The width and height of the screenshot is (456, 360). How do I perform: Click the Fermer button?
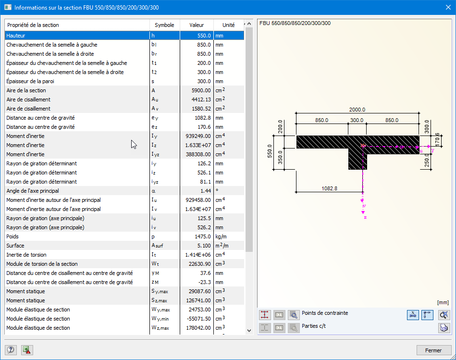tap(434, 350)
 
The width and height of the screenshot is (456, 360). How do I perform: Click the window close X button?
tap(444, 8)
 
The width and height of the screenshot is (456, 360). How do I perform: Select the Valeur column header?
tap(196, 25)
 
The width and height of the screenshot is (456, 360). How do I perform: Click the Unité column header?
tap(228, 25)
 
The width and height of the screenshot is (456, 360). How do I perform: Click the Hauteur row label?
tap(16, 36)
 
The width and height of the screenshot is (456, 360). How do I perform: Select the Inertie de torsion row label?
tap(26, 255)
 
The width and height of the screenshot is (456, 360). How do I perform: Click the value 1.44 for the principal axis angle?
tap(205, 191)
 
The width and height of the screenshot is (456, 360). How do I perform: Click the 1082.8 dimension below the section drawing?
tap(329, 188)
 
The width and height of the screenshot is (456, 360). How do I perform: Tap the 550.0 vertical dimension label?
tap(270, 151)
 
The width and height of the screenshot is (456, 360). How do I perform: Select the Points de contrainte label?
tap(325, 313)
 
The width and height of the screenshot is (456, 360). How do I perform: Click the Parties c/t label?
tap(315, 326)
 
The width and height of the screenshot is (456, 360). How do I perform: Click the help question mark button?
tap(11, 350)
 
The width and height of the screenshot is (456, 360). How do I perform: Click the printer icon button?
tap(444, 328)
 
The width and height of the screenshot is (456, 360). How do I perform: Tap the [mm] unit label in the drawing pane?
tap(443, 302)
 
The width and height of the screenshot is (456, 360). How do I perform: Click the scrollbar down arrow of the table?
tap(248, 330)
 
